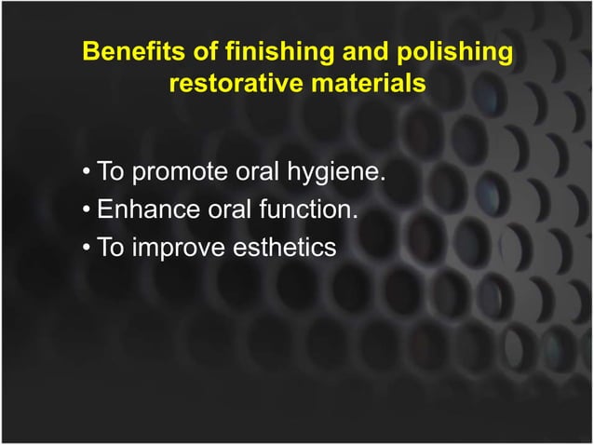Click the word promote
[x=178, y=172]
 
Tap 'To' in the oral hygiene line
[x=111, y=172]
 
